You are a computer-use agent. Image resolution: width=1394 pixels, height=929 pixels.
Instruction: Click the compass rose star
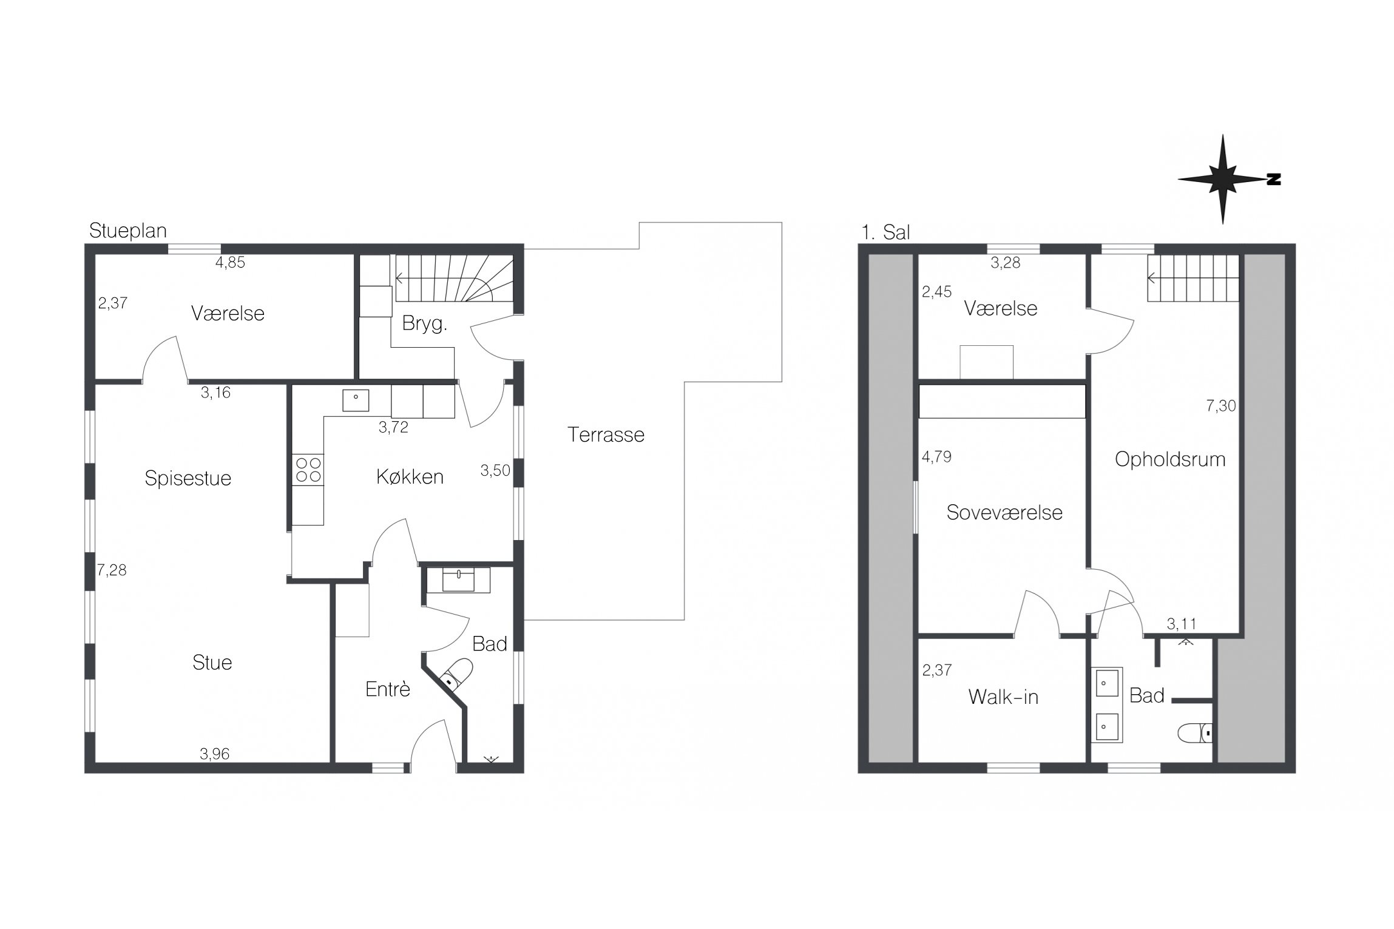[1222, 179]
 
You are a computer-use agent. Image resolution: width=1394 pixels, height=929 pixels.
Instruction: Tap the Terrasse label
[606, 434]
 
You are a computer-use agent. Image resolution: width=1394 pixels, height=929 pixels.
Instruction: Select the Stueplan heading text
[127, 231]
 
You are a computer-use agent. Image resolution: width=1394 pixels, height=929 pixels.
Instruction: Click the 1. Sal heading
[885, 232]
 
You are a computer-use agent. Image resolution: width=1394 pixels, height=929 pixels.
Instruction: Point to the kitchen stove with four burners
[308, 470]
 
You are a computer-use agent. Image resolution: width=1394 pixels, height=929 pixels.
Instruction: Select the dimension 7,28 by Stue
[112, 570]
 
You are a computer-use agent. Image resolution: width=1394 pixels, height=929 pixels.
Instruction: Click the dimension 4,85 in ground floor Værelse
[230, 263]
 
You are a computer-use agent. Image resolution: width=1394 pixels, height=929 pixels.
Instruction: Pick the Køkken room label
[410, 477]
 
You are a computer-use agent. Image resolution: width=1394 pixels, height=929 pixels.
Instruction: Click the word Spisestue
[188, 478]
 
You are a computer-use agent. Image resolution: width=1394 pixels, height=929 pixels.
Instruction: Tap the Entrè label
[388, 689]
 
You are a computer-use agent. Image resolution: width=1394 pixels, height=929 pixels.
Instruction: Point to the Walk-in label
[1003, 697]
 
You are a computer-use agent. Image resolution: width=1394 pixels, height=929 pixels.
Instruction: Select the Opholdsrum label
[1170, 459]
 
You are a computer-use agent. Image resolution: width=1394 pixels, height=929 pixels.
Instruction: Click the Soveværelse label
[1004, 512]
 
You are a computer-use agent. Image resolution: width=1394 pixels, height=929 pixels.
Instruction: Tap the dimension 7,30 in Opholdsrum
[1221, 406]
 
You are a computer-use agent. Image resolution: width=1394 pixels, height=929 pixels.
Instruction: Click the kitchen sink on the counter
[356, 400]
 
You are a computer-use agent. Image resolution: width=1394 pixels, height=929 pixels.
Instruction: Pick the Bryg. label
[424, 324]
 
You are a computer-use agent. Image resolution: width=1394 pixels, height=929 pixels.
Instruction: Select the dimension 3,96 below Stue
[215, 754]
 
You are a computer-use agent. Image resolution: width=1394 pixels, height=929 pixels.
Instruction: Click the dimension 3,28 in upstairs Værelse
[1006, 263]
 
